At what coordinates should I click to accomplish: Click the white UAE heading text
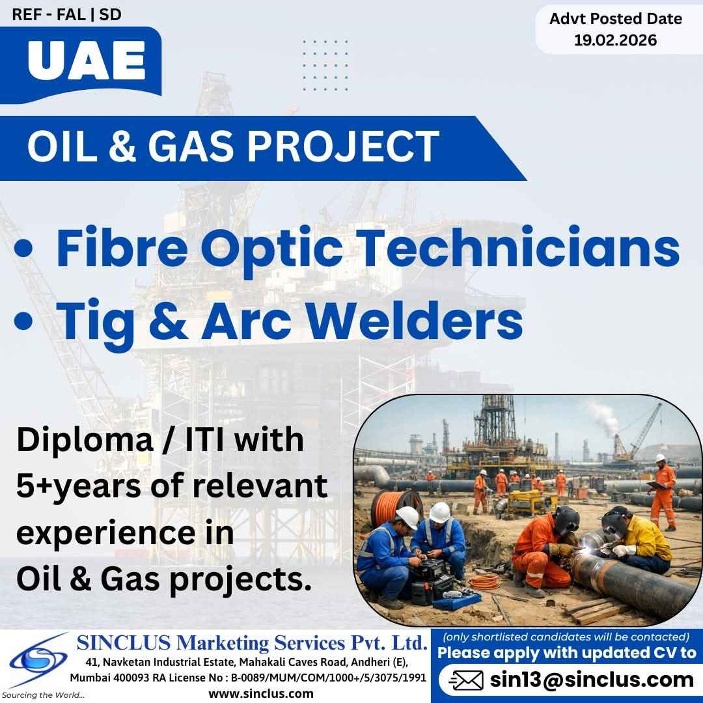tap(87, 60)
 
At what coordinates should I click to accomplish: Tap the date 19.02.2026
tap(616, 40)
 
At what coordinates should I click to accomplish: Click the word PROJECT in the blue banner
tap(344, 146)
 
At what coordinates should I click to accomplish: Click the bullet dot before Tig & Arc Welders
tap(24, 320)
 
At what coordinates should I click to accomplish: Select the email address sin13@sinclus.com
tap(592, 680)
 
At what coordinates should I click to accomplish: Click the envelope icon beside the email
tap(466, 681)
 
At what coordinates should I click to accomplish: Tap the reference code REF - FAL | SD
tap(67, 14)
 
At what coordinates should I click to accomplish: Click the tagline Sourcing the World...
tap(43, 695)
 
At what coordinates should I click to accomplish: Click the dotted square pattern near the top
tap(325, 66)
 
